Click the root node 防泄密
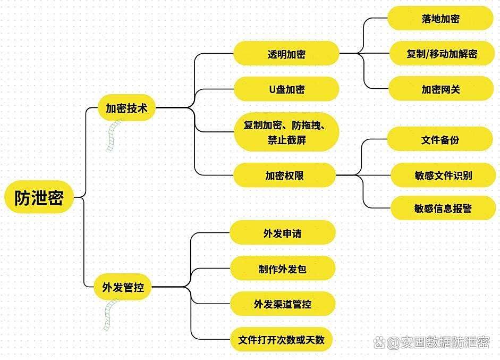click(39, 197)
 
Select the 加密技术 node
click(126, 108)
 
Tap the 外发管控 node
click(123, 287)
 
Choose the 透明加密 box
click(286, 53)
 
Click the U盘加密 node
click(286, 89)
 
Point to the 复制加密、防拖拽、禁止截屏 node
click(286, 132)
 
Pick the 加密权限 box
click(284, 175)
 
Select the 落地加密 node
click(440, 18)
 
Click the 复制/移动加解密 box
click(442, 53)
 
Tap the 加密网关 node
click(441, 89)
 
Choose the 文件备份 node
click(440, 139)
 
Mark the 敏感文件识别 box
click(443, 175)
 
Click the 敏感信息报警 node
click(443, 208)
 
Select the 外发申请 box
click(283, 233)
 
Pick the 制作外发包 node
click(283, 269)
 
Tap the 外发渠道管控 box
click(283, 304)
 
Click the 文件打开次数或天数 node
click(281, 339)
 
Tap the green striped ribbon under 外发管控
click(111, 315)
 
